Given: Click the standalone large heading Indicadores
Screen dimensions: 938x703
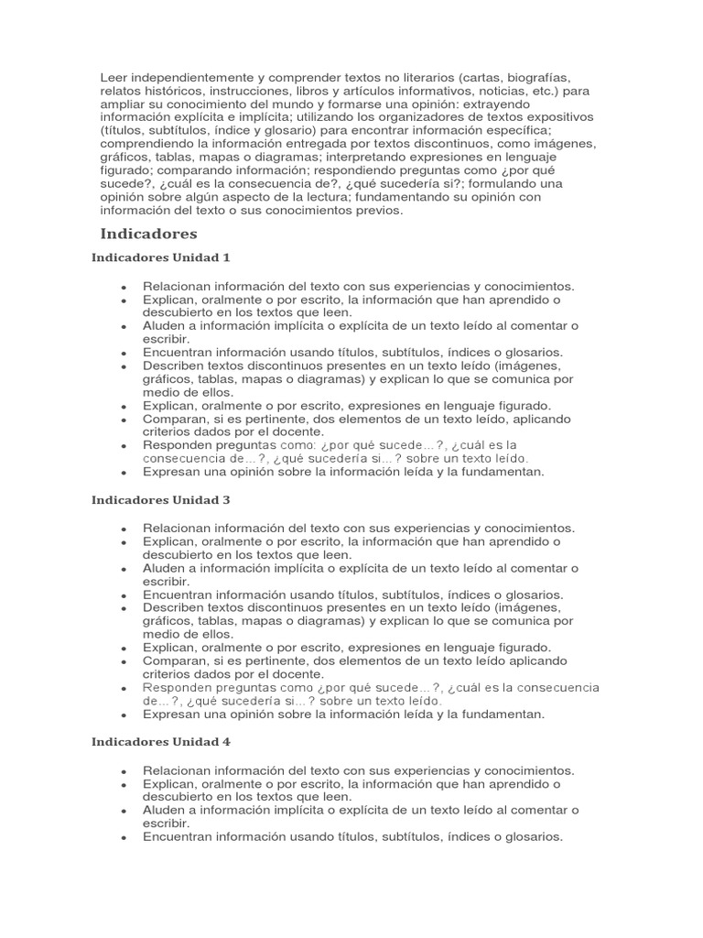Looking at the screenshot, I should click(x=148, y=234).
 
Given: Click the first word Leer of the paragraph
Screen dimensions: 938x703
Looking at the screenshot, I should click(x=114, y=78).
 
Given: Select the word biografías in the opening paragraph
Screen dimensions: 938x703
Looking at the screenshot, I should click(x=541, y=78).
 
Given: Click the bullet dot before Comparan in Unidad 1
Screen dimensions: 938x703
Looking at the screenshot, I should click(x=123, y=420).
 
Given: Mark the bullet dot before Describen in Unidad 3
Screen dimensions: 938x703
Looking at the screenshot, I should click(x=123, y=608).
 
